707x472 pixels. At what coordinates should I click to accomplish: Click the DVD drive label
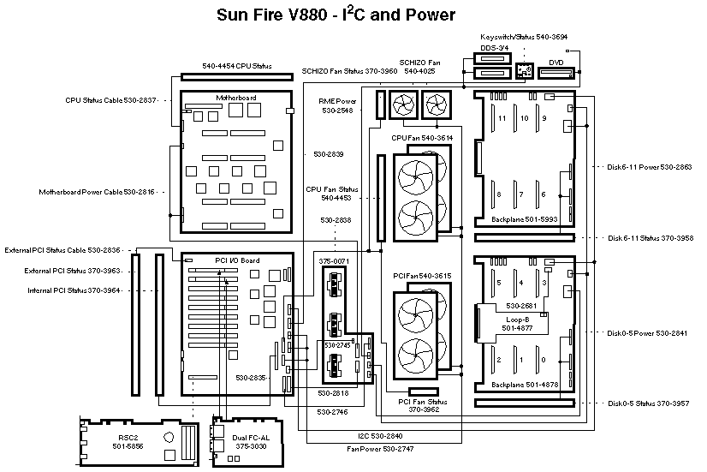point(555,63)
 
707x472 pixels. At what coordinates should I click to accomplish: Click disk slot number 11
point(503,117)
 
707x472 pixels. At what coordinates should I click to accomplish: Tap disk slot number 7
point(522,195)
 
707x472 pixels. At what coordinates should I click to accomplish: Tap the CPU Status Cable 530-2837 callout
point(110,100)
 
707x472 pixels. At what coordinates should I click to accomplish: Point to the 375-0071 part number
point(334,260)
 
